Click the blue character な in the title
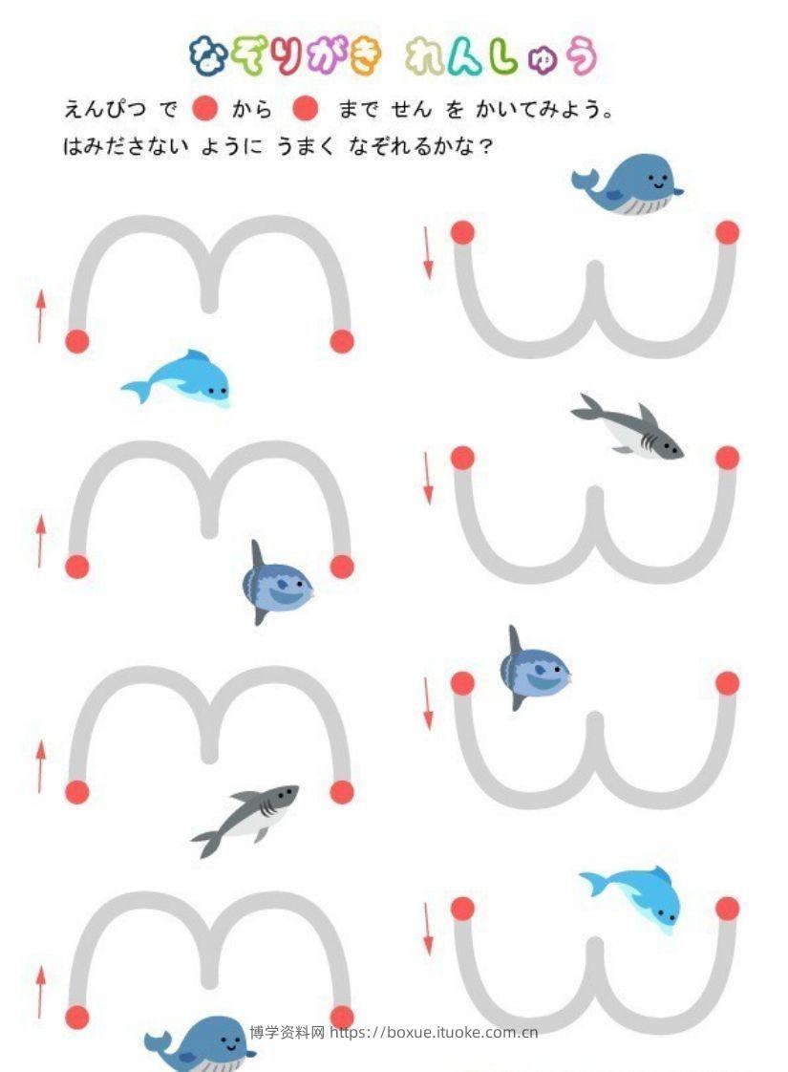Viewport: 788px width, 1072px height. (209, 55)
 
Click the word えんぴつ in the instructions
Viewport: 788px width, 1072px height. (104, 109)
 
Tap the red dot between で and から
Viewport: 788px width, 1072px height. (204, 108)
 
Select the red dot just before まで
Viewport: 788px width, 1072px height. (305, 108)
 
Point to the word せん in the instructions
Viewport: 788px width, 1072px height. (412, 109)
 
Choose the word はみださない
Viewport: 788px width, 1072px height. (125, 145)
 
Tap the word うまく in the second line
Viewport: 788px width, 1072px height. (306, 145)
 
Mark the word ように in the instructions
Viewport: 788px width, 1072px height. (231, 145)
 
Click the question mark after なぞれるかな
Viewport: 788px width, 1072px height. (486, 146)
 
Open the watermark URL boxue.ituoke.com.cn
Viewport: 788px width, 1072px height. (434, 1032)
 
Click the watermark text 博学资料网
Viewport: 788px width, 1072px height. (288, 1032)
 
